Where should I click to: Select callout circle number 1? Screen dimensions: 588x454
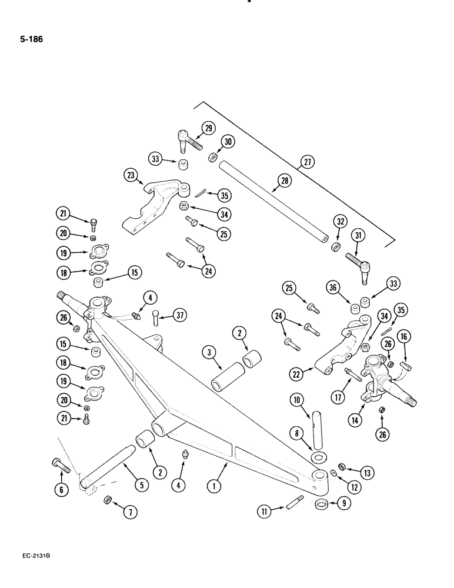pos(217,485)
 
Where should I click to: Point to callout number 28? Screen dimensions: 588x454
pos(285,181)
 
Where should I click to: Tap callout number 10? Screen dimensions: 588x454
pos(296,401)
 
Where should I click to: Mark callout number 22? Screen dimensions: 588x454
pos(298,374)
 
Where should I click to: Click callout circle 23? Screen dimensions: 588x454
pos(131,175)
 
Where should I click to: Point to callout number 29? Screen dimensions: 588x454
pos(208,129)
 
